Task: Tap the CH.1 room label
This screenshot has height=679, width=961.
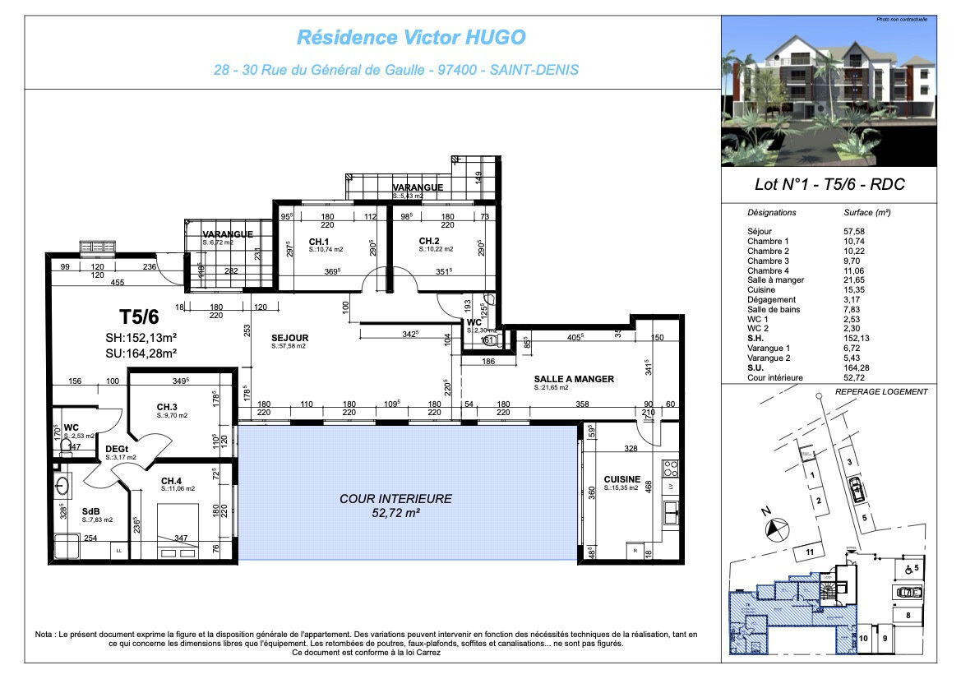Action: click(x=320, y=241)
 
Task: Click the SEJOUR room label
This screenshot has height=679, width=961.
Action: click(x=290, y=338)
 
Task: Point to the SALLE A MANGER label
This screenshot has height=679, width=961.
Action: click(x=574, y=379)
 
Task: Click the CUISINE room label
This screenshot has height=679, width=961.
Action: click(x=621, y=479)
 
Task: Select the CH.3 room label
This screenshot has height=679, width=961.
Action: click(x=167, y=407)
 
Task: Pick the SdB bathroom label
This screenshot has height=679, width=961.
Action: click(x=90, y=510)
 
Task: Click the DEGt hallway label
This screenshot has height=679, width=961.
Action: click(x=116, y=449)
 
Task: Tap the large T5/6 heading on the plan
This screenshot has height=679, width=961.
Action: click(x=138, y=316)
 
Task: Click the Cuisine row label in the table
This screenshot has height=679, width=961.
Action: click(x=761, y=290)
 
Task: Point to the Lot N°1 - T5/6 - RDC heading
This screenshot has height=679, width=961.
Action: click(x=829, y=185)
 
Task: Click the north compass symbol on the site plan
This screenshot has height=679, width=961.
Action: click(x=775, y=526)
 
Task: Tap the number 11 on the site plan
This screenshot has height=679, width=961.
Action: click(x=810, y=552)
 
